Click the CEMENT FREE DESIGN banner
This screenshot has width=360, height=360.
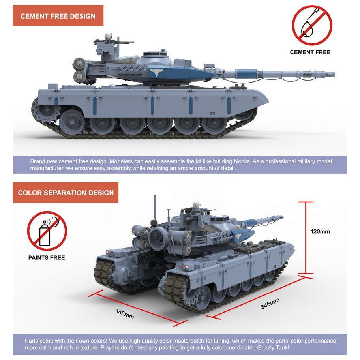coord(58,16)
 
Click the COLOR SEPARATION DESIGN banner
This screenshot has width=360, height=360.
coord(66,193)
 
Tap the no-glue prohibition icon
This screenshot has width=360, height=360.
coord(312,25)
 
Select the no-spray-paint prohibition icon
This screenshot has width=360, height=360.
coord(47,231)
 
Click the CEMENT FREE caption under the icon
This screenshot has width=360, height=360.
coord(310,52)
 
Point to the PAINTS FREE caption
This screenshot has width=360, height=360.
coord(47,258)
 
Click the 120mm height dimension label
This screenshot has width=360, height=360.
coord(320,231)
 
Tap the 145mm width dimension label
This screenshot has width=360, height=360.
coord(125,314)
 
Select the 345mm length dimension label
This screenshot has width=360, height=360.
coord(270,304)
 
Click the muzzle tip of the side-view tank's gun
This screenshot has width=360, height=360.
coord(334,74)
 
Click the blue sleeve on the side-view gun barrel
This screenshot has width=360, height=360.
coord(247,74)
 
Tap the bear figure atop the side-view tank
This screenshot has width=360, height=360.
coord(108,36)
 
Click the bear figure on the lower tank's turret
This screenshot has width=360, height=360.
coord(196,205)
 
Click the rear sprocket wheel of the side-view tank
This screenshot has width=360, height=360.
coord(45,109)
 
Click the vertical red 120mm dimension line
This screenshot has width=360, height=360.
coord(306,238)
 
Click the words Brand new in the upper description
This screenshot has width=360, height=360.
coord(44,161)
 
